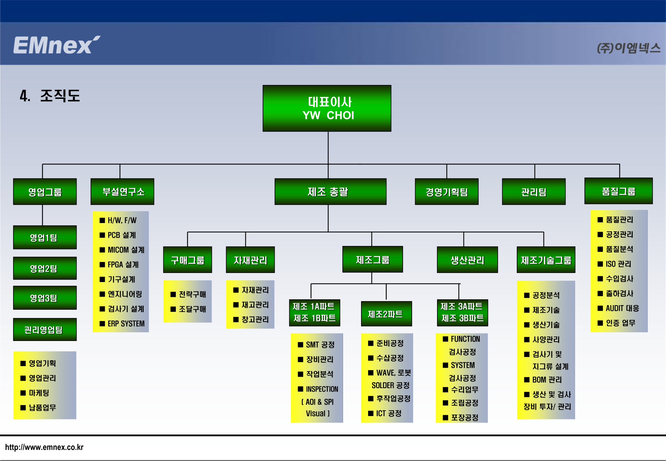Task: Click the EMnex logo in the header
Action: click(x=57, y=45)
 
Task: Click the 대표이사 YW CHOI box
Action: click(x=327, y=108)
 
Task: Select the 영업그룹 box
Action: click(x=45, y=191)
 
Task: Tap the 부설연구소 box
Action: click(x=122, y=191)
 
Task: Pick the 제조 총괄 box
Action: click(x=330, y=191)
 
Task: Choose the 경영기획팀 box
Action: click(x=446, y=191)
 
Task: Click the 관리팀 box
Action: click(x=533, y=191)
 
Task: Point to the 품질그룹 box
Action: click(x=618, y=191)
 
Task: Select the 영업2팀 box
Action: click(x=45, y=268)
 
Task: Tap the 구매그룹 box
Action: click(x=187, y=260)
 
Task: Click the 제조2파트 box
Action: click(x=386, y=314)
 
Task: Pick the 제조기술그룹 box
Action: click(x=546, y=260)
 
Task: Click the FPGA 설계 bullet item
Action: click(x=119, y=265)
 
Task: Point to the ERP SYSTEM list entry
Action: click(x=122, y=324)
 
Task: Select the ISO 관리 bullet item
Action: click(x=614, y=264)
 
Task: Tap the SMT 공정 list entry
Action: click(x=316, y=344)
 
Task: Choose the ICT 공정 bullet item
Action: click(x=385, y=413)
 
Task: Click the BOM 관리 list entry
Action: click(x=543, y=379)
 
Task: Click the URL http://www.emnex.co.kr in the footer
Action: click(x=44, y=447)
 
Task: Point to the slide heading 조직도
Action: click(x=60, y=96)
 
